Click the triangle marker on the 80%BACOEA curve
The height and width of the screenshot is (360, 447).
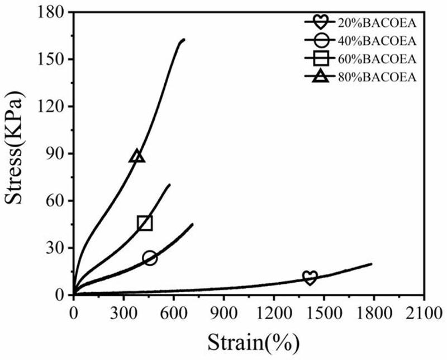point(137,156)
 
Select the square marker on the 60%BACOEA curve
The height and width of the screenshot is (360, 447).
point(145,223)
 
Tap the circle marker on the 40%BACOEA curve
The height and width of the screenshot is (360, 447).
point(150,258)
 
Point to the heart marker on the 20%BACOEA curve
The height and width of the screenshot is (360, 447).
point(310,278)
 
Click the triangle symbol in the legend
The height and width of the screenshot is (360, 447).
point(320,77)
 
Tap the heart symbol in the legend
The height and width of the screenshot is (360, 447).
point(320,23)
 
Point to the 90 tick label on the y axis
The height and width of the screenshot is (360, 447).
point(57,153)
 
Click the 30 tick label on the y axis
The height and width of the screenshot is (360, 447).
point(57,248)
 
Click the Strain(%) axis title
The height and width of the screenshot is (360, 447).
point(249,340)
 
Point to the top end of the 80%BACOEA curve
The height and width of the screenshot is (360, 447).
point(184,40)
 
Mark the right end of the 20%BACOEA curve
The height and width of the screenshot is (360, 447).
point(372,264)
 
